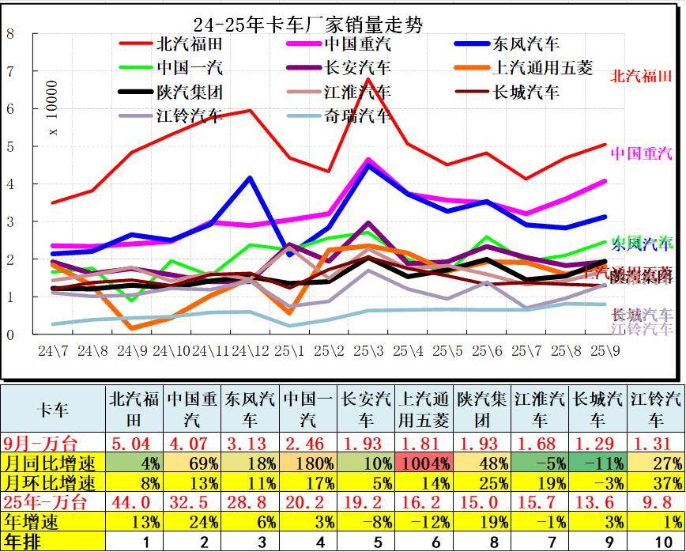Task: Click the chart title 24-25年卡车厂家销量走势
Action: point(308,25)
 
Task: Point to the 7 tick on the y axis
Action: point(10,71)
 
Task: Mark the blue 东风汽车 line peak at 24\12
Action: point(251,178)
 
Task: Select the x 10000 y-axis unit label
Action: point(53,108)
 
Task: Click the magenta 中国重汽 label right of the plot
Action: point(641,153)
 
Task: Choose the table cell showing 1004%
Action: point(424,463)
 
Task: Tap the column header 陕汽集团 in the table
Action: point(483,409)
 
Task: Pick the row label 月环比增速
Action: point(53,482)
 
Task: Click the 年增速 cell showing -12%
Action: point(424,522)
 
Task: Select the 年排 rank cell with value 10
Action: point(656,542)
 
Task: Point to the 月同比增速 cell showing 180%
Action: point(308,463)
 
